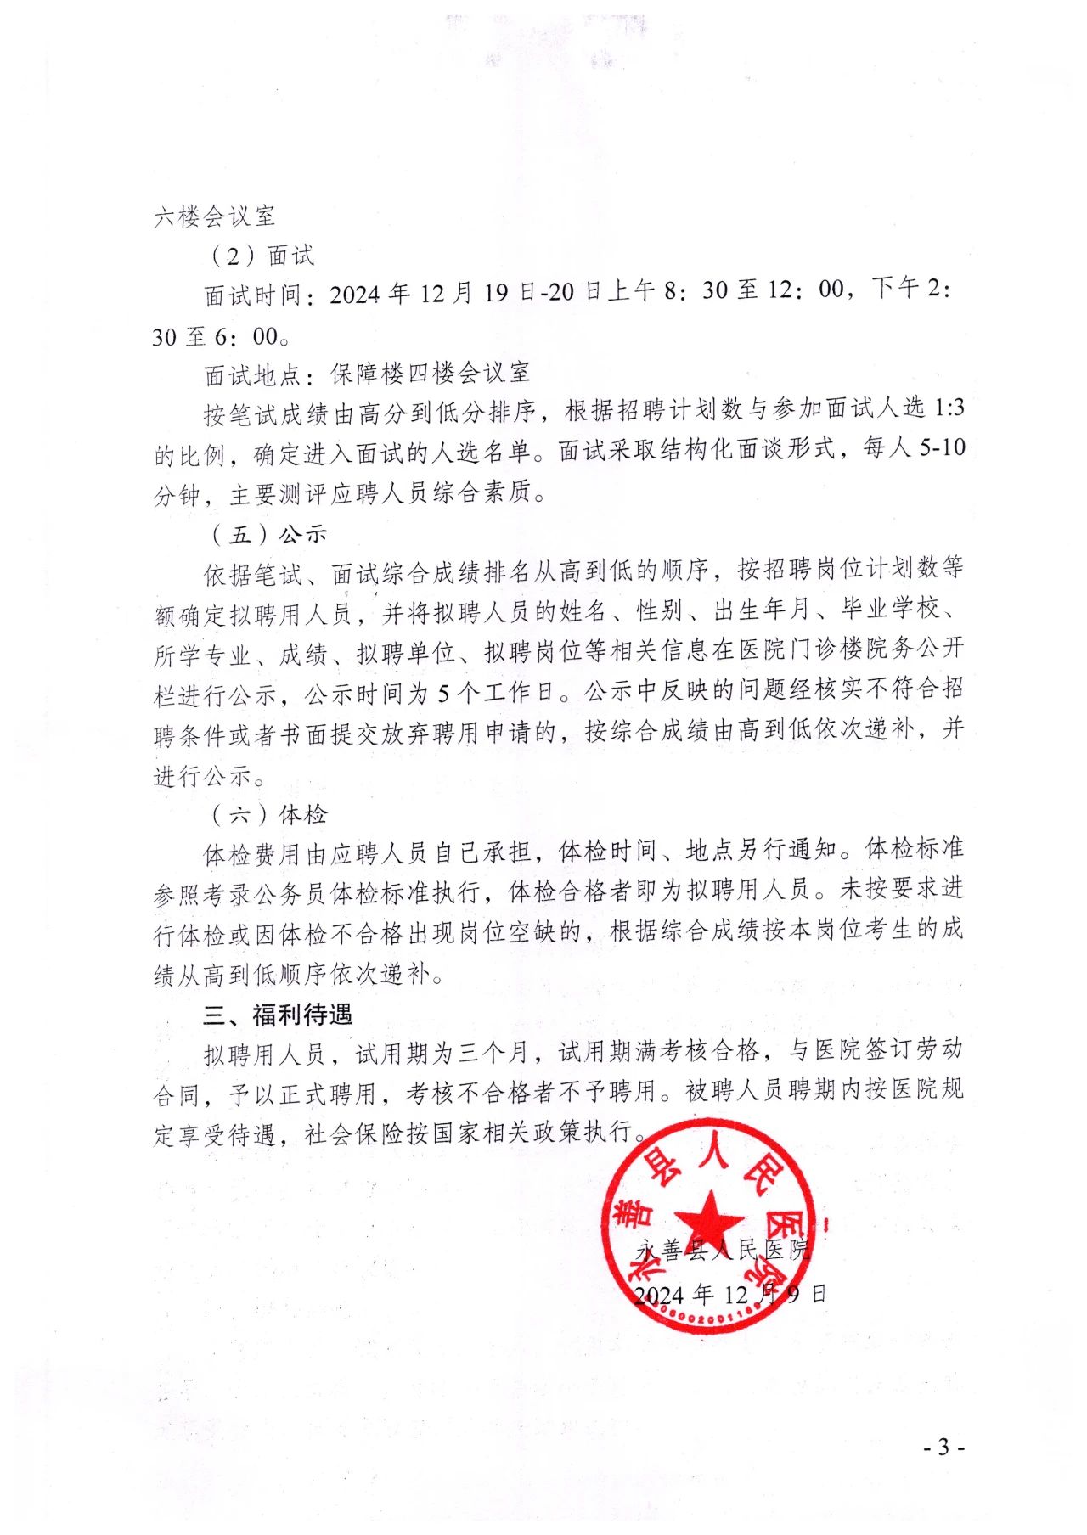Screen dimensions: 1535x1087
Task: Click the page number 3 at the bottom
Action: point(943,1447)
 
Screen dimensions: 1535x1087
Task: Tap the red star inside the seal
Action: point(710,1221)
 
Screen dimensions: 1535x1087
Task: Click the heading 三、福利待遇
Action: point(278,1015)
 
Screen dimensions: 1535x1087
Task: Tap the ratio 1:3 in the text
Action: point(949,408)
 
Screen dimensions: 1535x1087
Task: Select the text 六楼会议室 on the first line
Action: point(215,216)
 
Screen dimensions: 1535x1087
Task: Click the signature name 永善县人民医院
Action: point(724,1249)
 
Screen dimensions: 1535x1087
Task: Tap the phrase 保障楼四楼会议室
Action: point(431,373)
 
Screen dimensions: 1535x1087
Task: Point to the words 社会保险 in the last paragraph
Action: point(354,1133)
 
